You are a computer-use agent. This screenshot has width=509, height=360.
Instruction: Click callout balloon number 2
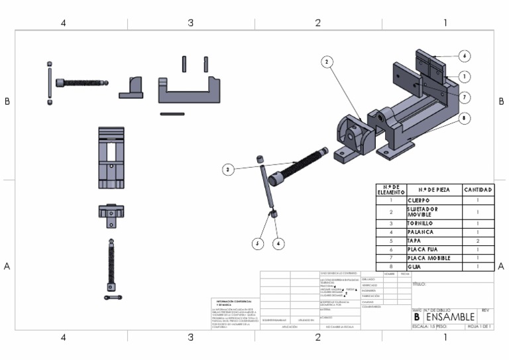[x=327, y=62]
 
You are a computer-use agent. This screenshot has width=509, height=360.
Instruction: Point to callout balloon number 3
[x=228, y=170]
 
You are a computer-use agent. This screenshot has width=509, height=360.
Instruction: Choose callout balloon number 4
[x=278, y=243]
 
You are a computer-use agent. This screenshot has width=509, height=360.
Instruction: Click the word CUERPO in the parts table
[x=419, y=200]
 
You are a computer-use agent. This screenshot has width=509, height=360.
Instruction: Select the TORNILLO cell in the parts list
[x=420, y=223]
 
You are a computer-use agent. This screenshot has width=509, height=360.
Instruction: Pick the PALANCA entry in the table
[x=420, y=232]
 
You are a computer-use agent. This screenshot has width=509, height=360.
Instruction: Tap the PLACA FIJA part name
[x=423, y=249]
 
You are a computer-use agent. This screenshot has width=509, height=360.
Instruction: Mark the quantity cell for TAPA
[x=478, y=241]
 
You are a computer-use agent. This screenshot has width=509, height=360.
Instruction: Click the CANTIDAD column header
[x=478, y=190]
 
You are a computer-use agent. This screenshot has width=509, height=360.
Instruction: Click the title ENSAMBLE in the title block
[x=450, y=317]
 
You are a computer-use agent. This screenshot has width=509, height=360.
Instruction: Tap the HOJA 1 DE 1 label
[x=478, y=327]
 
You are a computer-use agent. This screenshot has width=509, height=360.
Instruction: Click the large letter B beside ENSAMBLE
[x=417, y=318]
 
